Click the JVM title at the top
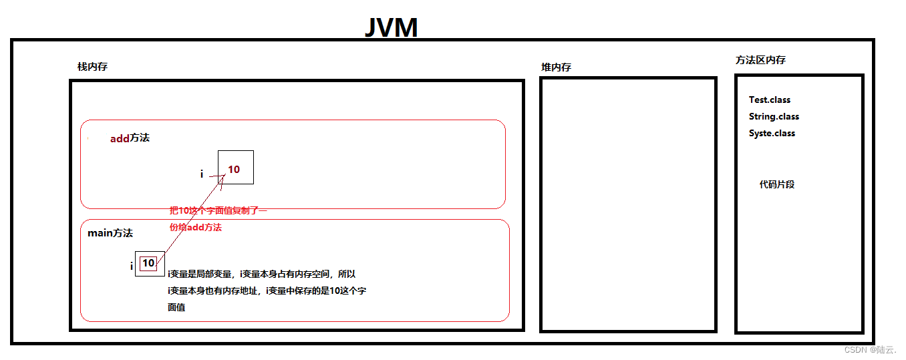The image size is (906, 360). tap(391, 28)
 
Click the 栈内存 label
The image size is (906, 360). tap(93, 67)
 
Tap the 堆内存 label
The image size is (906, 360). tap(556, 67)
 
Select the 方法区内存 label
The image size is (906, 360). tap(760, 60)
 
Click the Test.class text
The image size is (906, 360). tap(770, 100)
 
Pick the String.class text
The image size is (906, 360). tap(774, 117)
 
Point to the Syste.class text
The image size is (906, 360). tap(772, 134)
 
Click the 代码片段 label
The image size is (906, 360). tap(777, 184)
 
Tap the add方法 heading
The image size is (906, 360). tap(130, 138)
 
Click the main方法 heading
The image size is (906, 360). tap(110, 233)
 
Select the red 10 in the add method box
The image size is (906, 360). tap(234, 170)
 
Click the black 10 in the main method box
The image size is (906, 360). tap(148, 263)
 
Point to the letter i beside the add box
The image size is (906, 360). tap(202, 174)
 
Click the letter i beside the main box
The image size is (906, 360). tap(132, 266)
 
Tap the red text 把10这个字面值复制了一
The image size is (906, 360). tap(218, 211)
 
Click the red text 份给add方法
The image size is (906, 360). tap(195, 228)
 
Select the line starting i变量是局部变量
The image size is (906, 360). tap(261, 274)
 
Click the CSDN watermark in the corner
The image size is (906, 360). tap(870, 349)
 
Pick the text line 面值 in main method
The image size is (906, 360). tap(176, 308)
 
